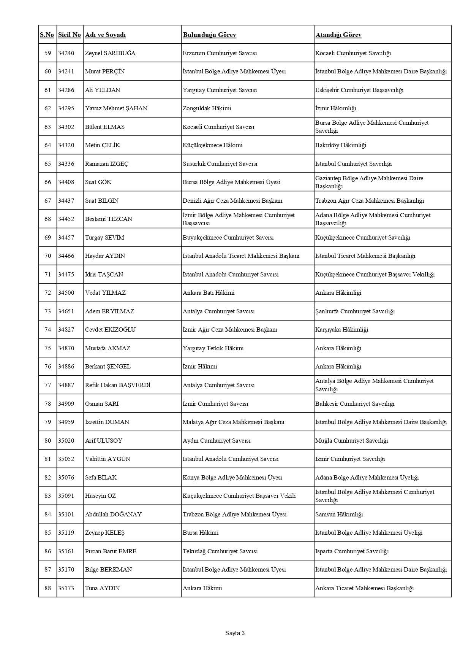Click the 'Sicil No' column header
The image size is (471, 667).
point(70,35)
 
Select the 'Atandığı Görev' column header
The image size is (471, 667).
point(338,35)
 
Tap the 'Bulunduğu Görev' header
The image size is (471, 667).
point(209,35)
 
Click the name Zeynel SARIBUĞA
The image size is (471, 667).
point(110,53)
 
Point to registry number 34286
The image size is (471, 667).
point(66,90)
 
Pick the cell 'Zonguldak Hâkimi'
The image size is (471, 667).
point(207,108)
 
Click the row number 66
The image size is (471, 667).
point(47,182)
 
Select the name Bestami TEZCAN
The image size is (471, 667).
point(109,219)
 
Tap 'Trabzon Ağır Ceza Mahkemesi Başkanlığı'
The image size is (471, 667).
point(369,201)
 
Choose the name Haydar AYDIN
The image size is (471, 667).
point(105,256)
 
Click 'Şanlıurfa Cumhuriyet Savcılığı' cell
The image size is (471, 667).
point(355,311)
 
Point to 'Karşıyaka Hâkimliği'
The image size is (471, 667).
point(341,330)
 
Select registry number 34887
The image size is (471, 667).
point(66,385)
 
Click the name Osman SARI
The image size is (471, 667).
point(102,404)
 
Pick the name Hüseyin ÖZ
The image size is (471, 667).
point(100,496)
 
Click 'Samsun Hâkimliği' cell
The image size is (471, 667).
point(339,515)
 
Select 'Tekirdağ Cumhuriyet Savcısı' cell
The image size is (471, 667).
point(220,551)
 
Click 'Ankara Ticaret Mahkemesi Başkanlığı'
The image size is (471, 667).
point(364,588)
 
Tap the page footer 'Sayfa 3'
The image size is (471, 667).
point(235,633)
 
